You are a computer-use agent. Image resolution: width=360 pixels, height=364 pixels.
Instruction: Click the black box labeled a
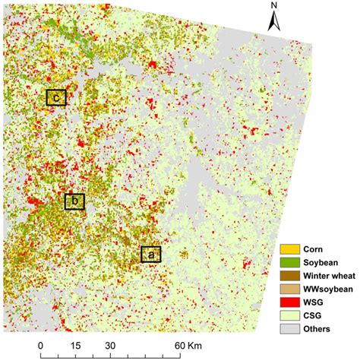(x=150, y=255)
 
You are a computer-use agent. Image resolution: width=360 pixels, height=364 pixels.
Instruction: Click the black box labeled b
(x=74, y=201)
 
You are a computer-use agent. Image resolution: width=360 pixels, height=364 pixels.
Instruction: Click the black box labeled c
(x=55, y=97)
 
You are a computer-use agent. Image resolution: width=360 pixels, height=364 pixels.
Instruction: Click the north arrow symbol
(x=274, y=23)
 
